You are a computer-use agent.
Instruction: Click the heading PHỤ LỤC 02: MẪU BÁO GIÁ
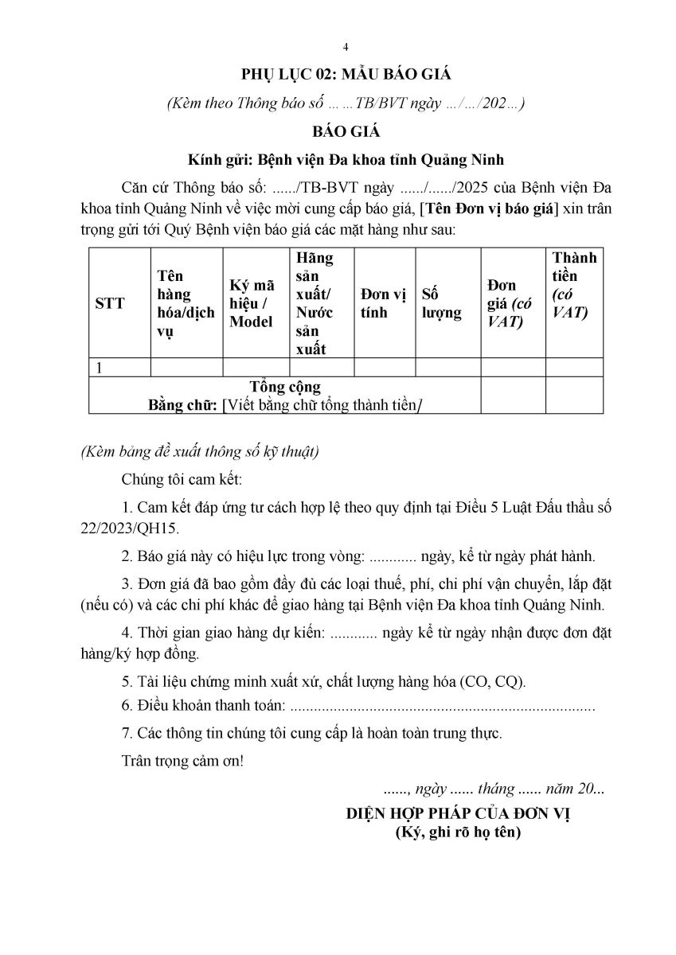pos(346,75)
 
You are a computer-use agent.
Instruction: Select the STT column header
pos(110,303)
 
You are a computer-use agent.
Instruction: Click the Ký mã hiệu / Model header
pos(252,303)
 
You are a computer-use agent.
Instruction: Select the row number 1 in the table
pos(99,367)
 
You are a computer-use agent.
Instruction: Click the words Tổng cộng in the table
pos(284,388)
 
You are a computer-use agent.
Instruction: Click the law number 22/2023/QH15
pos(130,528)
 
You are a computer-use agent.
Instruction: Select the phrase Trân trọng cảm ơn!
pos(182,759)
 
